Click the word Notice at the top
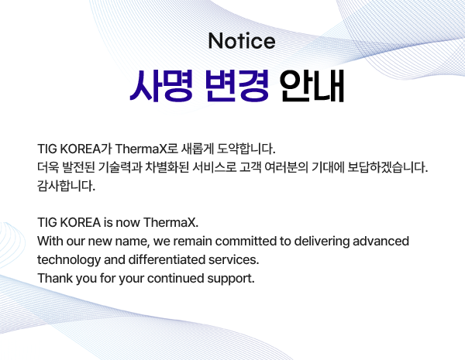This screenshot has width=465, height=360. tap(242, 41)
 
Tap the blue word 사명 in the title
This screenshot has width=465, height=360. tap(161, 86)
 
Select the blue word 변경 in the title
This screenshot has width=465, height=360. tap(237, 86)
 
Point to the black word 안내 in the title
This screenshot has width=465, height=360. tap(312, 86)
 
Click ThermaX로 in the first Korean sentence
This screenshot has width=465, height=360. tap(146, 149)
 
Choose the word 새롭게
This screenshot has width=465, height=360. tap(197, 149)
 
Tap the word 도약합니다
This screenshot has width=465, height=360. tap(246, 149)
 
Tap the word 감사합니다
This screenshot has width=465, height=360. tap(66, 186)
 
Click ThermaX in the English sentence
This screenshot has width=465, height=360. tap(170, 222)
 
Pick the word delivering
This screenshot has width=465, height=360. tap(322, 242)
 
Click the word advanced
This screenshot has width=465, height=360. tap(381, 242)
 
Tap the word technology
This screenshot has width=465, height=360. tap(69, 260)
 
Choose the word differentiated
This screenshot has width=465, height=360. tap(167, 259)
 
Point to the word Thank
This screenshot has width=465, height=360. tap(55, 278)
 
